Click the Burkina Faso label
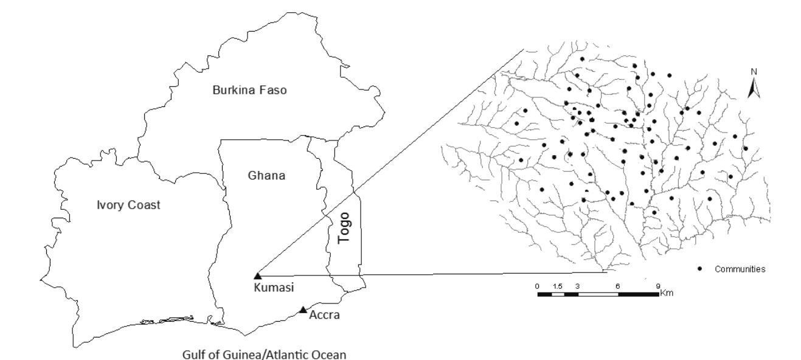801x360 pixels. pyautogui.click(x=249, y=91)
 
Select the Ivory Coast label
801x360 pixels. pyautogui.click(x=131, y=205)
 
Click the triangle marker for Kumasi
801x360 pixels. pyautogui.click(x=257, y=276)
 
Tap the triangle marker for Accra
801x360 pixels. pyautogui.click(x=303, y=310)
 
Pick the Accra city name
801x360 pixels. pyautogui.click(x=320, y=316)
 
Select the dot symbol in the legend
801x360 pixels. pyautogui.click(x=701, y=268)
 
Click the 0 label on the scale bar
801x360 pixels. pyautogui.click(x=537, y=286)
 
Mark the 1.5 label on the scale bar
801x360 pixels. pyautogui.click(x=557, y=286)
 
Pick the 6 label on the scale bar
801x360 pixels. pyautogui.click(x=618, y=286)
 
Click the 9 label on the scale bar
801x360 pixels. pyautogui.click(x=657, y=286)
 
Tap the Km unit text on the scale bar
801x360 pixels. pyautogui.click(x=668, y=293)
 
